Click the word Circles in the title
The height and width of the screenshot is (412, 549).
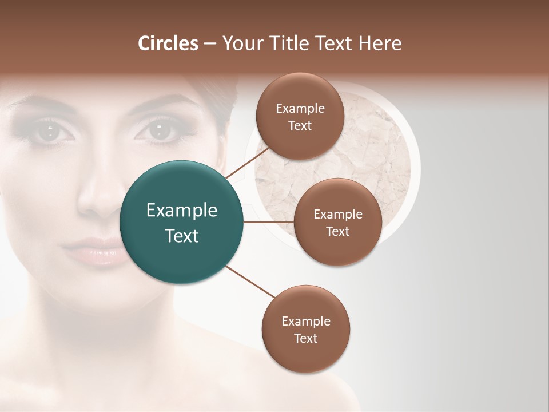pyautogui.click(x=168, y=43)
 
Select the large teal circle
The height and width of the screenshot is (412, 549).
pyautogui.click(x=181, y=223)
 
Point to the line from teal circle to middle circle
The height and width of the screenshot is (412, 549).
pyautogui.click(x=268, y=222)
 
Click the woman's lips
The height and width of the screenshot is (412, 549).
pyautogui.click(x=94, y=252)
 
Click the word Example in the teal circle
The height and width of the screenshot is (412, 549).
pyautogui.click(x=181, y=211)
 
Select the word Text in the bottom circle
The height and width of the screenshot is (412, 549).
pyautogui.click(x=305, y=339)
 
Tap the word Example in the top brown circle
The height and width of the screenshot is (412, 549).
pyautogui.click(x=300, y=109)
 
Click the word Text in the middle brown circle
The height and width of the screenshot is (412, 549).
pyautogui.click(x=337, y=232)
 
